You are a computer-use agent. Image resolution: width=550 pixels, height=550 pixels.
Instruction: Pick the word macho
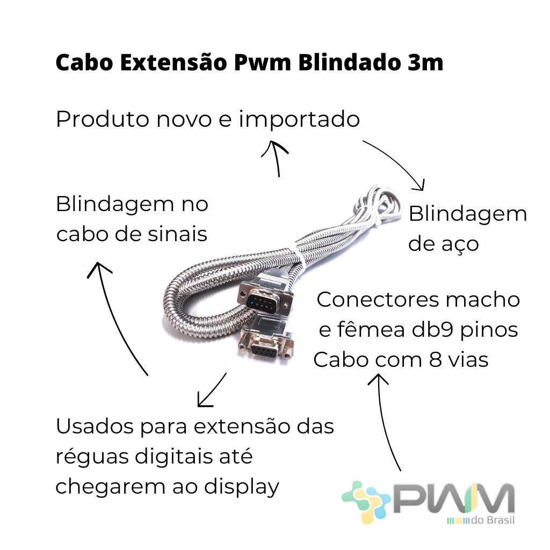pyautogui.click(x=483, y=300)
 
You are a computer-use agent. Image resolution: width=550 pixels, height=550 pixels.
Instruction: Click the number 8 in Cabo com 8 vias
pyautogui.click(x=435, y=360)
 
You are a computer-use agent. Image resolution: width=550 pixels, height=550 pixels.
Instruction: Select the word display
pyautogui.click(x=242, y=488)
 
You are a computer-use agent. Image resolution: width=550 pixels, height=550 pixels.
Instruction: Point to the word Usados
pyautogui.click(x=95, y=426)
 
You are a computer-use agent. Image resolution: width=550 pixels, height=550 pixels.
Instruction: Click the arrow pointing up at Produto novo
pyautogui.click(x=276, y=157)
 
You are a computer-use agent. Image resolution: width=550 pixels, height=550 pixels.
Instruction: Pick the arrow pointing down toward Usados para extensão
pyautogui.click(x=212, y=390)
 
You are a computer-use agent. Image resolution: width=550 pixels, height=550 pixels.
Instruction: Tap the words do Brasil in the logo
pyautogui.click(x=493, y=520)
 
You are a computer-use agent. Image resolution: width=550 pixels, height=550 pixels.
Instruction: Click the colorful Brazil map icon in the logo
pyautogui.click(x=366, y=502)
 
